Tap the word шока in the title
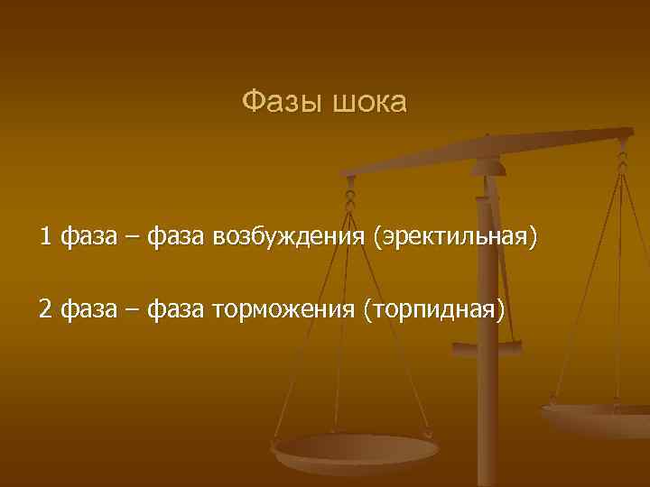pyautogui.click(x=370, y=103)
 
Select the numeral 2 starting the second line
pyautogui.click(x=45, y=310)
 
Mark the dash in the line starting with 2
pyautogui.click(x=132, y=311)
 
